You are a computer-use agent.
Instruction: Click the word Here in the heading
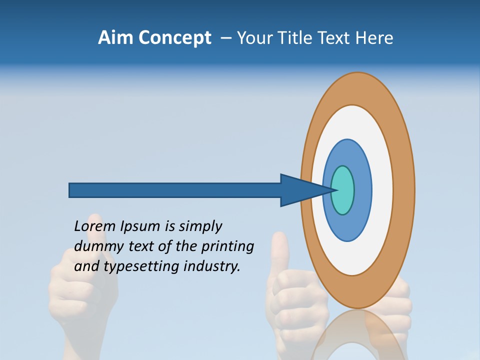(374, 38)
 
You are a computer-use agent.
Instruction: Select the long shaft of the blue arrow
(175, 190)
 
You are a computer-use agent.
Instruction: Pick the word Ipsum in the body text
(140, 227)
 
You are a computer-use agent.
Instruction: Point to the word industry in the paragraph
(212, 266)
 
